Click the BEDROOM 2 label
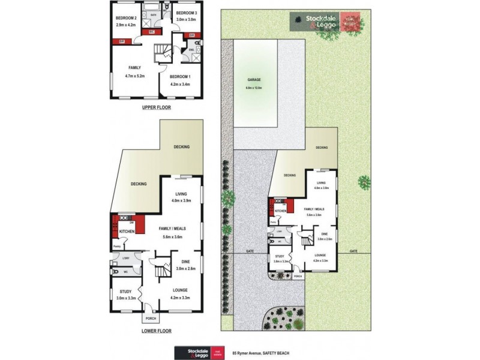tap(127, 18)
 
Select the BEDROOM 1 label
tap(180, 76)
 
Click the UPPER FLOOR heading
tap(156, 108)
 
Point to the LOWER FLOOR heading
tap(157, 331)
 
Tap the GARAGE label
tap(254, 80)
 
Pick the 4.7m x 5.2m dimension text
tap(136, 76)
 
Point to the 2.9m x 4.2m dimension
tap(127, 25)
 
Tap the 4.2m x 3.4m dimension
tap(180, 84)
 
